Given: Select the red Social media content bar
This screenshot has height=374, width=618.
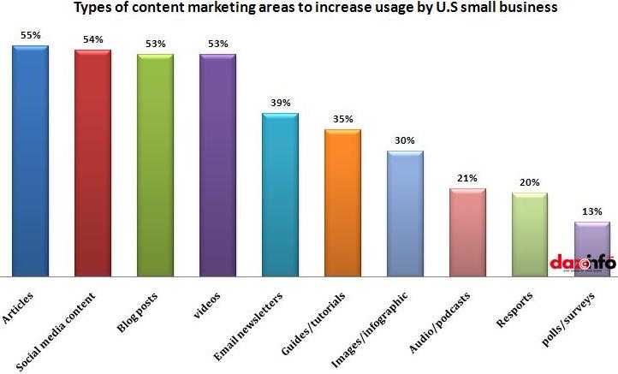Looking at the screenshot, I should [x=92, y=163].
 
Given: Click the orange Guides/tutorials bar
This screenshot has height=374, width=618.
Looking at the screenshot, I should [x=342, y=203].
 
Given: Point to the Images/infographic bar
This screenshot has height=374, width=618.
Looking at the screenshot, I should [x=405, y=214].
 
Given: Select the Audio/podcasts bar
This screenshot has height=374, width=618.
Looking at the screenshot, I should [x=467, y=232].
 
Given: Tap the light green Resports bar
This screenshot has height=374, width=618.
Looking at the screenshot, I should [x=529, y=234].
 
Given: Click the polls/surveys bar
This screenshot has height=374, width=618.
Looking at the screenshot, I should [x=591, y=249].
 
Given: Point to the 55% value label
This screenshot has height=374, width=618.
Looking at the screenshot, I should [x=30, y=35].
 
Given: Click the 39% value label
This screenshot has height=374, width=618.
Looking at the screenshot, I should [x=280, y=103].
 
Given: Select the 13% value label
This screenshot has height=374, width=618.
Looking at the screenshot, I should [x=592, y=211].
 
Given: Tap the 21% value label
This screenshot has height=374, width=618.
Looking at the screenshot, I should [x=467, y=178].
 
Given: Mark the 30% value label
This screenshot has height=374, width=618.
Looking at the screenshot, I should [x=405, y=140].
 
